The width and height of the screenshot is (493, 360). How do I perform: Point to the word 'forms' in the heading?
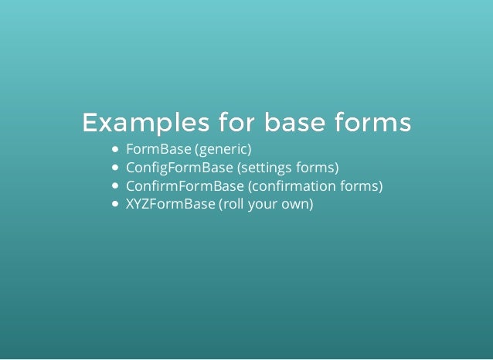point(372,123)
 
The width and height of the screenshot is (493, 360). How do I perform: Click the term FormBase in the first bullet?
point(158,148)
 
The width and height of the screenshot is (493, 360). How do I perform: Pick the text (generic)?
point(223,148)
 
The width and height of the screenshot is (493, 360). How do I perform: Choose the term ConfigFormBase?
point(178,168)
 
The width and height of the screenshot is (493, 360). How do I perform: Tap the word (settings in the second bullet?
point(264,168)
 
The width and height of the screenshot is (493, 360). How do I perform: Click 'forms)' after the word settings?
point(318,168)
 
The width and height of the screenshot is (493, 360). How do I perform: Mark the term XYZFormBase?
point(170,206)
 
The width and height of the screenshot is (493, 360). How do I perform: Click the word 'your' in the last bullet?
point(267,206)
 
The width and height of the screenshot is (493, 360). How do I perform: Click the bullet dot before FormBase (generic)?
point(116,148)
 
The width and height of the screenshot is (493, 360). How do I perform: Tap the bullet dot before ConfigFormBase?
point(116,168)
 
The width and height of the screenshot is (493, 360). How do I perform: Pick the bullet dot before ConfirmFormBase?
point(116,187)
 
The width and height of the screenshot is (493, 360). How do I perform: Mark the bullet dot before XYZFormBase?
point(116,206)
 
